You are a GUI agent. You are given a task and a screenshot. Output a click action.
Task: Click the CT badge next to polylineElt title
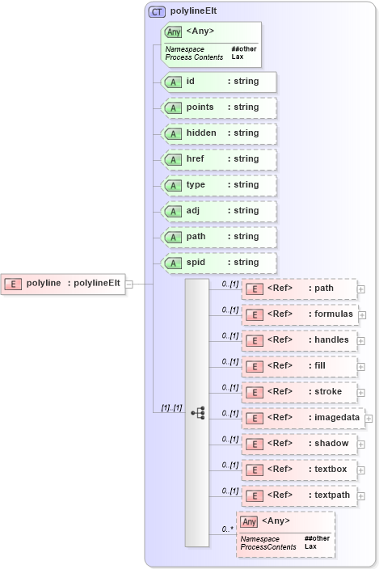157,12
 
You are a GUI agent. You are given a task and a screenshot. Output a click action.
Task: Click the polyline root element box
64,283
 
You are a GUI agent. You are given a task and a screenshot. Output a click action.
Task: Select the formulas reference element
299,314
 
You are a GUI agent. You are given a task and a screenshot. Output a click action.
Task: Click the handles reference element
299,340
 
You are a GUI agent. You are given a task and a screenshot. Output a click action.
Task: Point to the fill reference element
299,366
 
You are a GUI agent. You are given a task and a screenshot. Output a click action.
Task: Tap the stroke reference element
299,392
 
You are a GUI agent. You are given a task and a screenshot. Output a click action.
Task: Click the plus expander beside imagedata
368,418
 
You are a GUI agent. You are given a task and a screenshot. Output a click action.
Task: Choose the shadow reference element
299,444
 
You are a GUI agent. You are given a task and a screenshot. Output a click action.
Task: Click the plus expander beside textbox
361,470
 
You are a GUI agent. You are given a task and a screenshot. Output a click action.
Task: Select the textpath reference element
299,495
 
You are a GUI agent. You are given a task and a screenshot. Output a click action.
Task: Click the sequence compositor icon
198,412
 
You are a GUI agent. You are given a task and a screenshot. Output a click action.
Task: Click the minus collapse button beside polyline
129,284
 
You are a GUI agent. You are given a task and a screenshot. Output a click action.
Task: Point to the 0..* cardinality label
229,529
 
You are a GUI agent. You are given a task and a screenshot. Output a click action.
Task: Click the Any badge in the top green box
173,32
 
